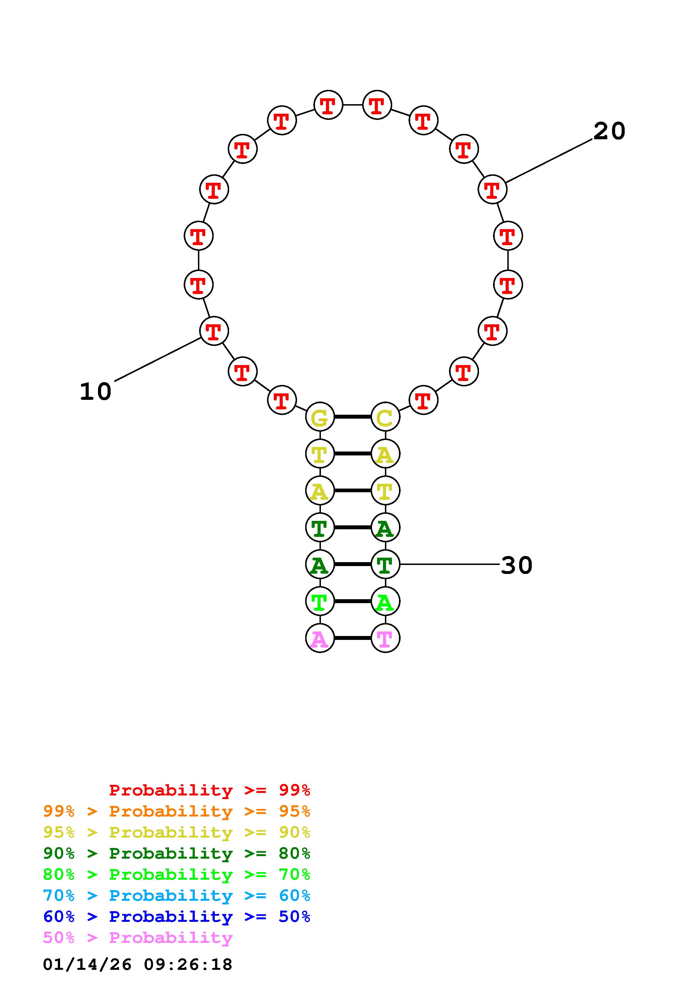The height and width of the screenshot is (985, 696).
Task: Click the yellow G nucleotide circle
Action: [320, 417]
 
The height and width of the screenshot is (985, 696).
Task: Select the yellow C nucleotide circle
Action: [385, 417]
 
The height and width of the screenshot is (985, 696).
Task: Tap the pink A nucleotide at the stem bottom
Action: [320, 638]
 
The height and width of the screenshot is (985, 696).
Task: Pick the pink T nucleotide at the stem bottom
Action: [385, 638]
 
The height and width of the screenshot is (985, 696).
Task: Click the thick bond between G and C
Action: [353, 417]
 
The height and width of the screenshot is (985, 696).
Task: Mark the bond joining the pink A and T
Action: [353, 638]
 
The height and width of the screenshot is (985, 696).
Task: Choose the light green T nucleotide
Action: [320, 601]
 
